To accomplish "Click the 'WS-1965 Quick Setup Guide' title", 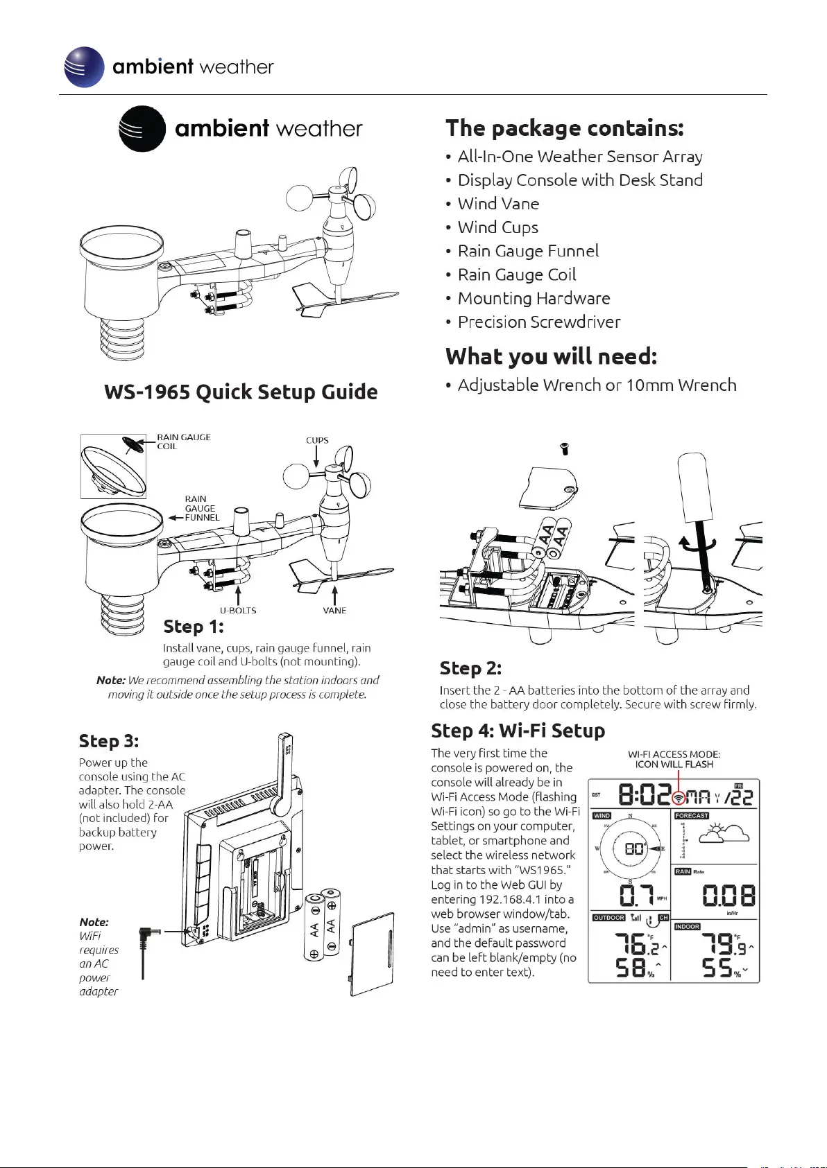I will [x=241, y=392].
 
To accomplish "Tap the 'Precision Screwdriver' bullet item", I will [x=538, y=322].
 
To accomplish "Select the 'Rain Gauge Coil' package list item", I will [x=516, y=274].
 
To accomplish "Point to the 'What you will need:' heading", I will [x=551, y=356].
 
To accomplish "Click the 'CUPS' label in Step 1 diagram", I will [x=317, y=440].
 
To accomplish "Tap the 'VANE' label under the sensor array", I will [x=334, y=611].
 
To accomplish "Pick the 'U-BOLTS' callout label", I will [x=238, y=611].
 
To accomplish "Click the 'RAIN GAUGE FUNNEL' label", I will [x=201, y=508].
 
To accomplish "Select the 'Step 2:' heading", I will [x=470, y=668].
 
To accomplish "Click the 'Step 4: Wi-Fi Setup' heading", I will [x=518, y=731].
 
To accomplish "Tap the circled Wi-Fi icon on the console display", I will [x=677, y=797].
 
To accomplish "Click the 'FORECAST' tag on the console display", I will [x=692, y=816].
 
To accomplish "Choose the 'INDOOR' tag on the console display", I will [x=687, y=927].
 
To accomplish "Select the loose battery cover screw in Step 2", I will [x=564, y=448].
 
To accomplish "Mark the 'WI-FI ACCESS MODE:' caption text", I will [x=674, y=754].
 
